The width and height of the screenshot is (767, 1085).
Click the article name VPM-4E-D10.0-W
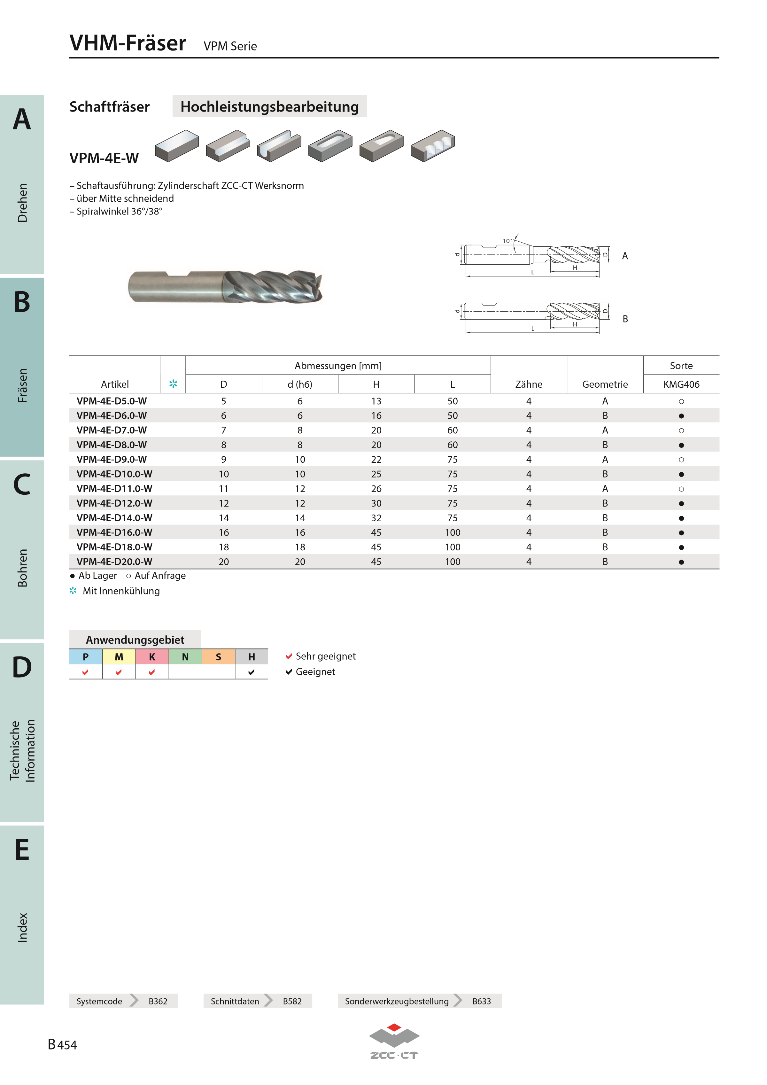point(114,474)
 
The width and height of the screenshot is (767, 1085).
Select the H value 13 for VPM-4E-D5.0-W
point(376,401)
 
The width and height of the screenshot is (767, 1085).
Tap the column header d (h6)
point(300,384)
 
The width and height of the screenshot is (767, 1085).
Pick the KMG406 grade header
point(681,384)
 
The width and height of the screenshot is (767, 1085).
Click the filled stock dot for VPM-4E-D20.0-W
point(681,562)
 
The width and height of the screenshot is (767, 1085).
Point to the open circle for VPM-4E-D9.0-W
point(681,459)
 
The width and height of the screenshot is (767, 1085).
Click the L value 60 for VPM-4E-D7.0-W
point(452,430)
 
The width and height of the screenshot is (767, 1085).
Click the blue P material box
point(86,656)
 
